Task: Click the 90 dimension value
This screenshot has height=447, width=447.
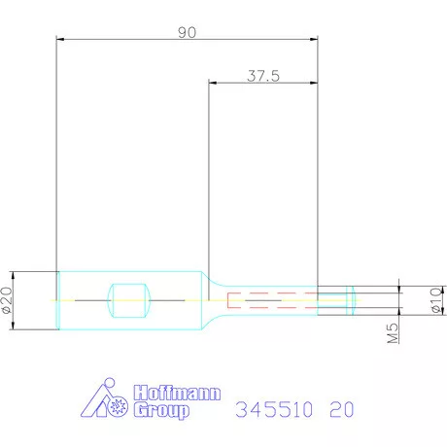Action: point(187,32)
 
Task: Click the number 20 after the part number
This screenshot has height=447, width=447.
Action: point(341,410)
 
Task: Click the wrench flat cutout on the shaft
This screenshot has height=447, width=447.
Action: point(129,299)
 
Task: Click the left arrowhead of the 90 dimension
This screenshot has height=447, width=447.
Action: point(62,40)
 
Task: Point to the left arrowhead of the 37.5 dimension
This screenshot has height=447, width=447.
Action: point(215,83)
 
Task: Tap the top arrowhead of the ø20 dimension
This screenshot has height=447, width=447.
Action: point(15,275)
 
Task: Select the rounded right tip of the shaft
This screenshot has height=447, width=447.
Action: point(353,299)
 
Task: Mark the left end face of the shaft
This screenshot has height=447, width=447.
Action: point(57,299)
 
